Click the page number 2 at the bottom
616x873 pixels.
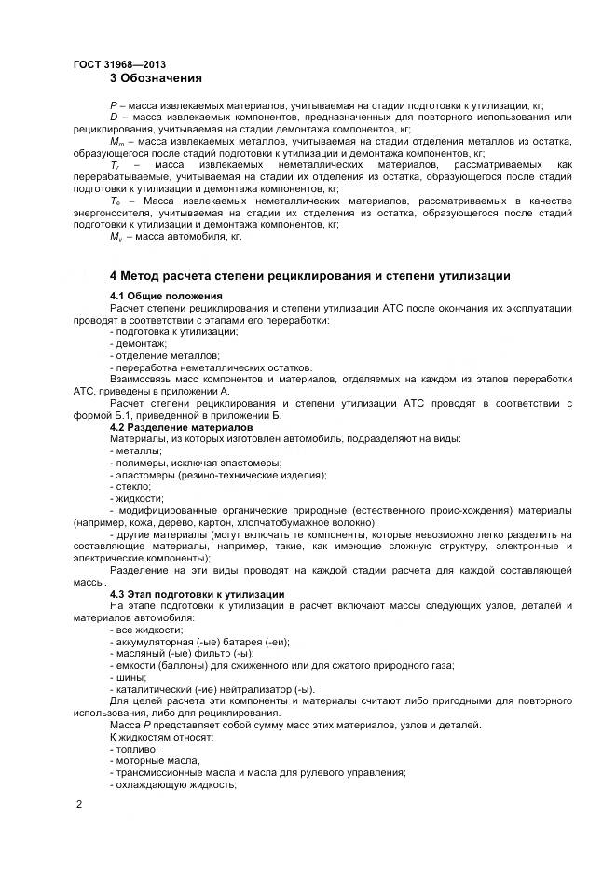(78, 803)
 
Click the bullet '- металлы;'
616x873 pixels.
(136, 450)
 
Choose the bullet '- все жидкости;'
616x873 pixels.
(146, 630)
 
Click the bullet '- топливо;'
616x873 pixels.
(134, 749)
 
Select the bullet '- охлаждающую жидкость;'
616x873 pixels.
(171, 784)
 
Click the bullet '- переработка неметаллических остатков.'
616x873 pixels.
(210, 367)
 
